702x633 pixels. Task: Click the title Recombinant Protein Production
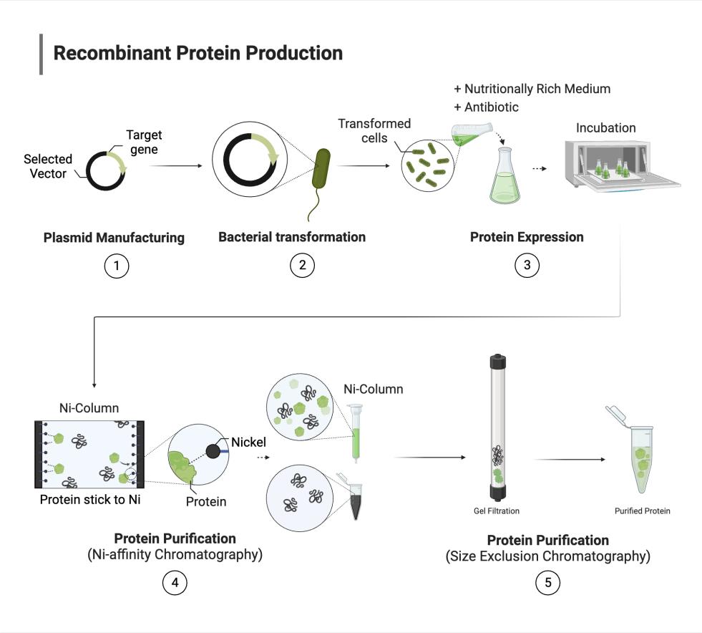coord(198,53)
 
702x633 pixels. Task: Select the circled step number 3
coord(527,266)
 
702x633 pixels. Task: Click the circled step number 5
coord(547,582)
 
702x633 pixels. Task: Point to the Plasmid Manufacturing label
coord(114,238)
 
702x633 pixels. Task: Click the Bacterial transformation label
coord(292,237)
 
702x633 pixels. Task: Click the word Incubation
coord(605,128)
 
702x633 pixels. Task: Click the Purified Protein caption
coord(642,511)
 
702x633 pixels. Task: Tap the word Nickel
coord(248,443)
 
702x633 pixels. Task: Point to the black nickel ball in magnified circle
coord(213,451)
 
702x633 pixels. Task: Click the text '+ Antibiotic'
coord(486,107)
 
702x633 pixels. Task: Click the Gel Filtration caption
coord(497,511)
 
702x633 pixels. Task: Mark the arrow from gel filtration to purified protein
coord(565,459)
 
